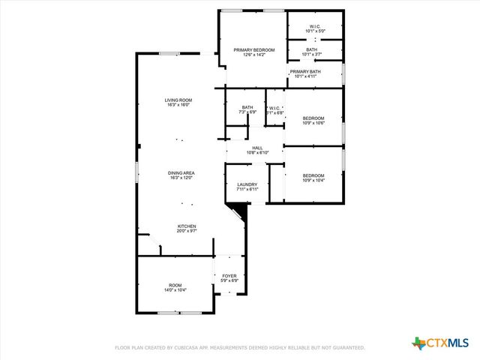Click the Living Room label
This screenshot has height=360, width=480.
(179, 100)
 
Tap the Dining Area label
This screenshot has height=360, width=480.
(181, 173)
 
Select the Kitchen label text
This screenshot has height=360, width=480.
(187, 226)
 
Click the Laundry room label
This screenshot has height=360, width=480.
(247, 184)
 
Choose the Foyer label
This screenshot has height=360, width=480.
(229, 276)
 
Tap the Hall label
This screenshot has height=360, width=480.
(257, 148)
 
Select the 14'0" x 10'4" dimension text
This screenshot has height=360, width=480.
(175, 290)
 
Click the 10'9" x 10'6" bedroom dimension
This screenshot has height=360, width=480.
(313, 123)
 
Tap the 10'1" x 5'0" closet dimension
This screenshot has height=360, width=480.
(314, 31)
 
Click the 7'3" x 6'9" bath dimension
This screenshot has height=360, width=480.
(247, 112)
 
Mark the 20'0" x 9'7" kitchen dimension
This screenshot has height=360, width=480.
(187, 231)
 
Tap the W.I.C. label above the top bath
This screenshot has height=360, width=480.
(314, 27)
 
